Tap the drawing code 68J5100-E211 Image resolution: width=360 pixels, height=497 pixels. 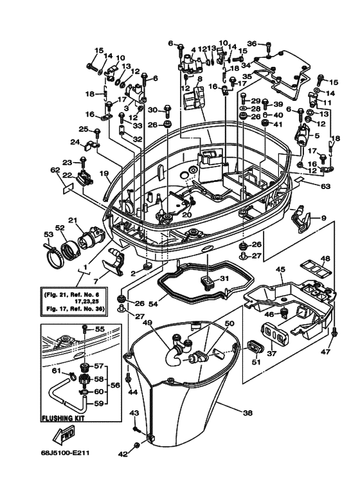coord(65,453)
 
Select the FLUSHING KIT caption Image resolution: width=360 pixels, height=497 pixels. coord(63,418)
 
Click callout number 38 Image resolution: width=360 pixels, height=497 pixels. coord(248,413)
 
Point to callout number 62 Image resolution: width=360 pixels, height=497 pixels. coord(55,170)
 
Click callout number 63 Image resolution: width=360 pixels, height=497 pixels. coord(325,186)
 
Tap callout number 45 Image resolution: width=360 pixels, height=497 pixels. coord(280,269)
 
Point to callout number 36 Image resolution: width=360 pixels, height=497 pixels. coord(251,44)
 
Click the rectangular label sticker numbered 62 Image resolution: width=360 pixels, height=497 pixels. coord(67,189)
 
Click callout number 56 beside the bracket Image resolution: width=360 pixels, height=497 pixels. coord(115,385)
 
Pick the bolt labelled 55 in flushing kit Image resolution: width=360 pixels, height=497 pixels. coord(85,329)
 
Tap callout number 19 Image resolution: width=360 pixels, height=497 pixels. coord(104,173)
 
